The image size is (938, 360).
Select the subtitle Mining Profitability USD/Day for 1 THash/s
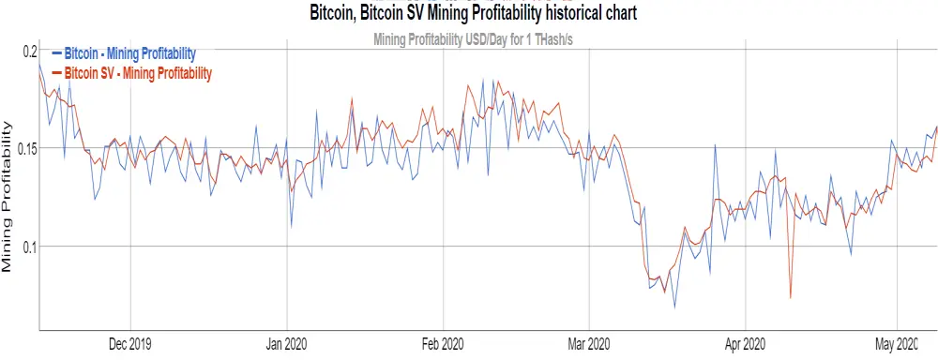pyautogui.click(x=474, y=40)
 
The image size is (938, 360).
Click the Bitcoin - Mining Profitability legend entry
pyautogui.click(x=129, y=53)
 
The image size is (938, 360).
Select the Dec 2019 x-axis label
pyautogui.click(x=130, y=344)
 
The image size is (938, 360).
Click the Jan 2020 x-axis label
pyautogui.click(x=287, y=344)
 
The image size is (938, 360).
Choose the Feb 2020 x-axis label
pyautogui.click(x=444, y=344)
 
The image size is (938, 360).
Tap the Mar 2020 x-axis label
pyautogui.click(x=589, y=344)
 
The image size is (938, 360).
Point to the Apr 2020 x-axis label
pyautogui.click(x=746, y=344)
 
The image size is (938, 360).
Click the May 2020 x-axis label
pyautogui.click(x=897, y=344)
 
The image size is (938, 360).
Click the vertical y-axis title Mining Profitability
pyautogui.click(x=8, y=196)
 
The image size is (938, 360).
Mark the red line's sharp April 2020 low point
pyautogui.click(x=791, y=297)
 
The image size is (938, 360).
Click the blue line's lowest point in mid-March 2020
pyautogui.click(x=674, y=307)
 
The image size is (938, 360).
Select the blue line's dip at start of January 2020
pyautogui.click(x=292, y=227)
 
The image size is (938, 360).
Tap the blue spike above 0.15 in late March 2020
pyautogui.click(x=715, y=145)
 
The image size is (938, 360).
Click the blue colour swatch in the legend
pyautogui.click(x=57, y=53)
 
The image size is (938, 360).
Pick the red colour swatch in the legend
pyautogui.click(x=57, y=73)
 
